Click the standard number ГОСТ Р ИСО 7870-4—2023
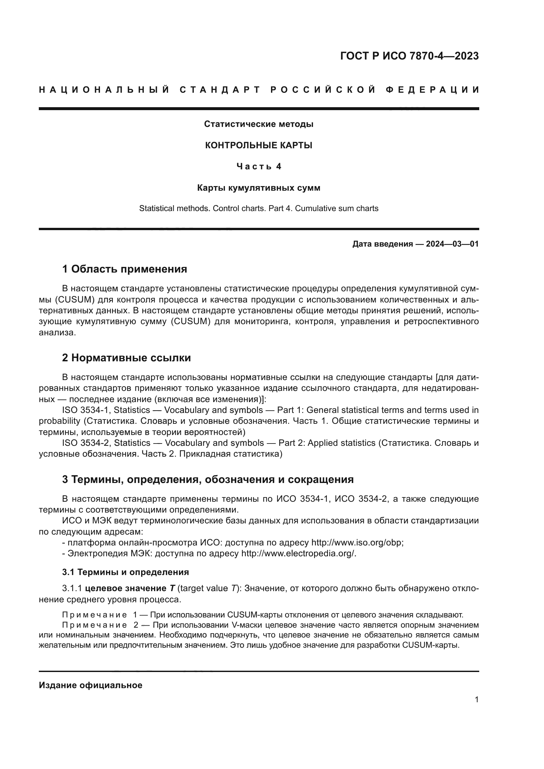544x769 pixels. tap(409, 56)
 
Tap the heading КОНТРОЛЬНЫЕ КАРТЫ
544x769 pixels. tap(258, 145)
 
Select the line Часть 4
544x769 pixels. tap(259, 166)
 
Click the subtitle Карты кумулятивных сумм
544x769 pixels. tap(258, 188)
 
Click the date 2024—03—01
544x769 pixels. tap(452, 244)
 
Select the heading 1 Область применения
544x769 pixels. tap(124, 269)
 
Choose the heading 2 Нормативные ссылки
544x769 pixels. tap(126, 358)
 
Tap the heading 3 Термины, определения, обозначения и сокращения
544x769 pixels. tap(208, 479)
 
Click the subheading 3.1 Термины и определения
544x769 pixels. tap(125, 572)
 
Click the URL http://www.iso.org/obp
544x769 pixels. tap(357, 542)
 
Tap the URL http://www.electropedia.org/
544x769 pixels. tap(298, 553)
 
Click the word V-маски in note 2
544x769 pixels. tap(247, 625)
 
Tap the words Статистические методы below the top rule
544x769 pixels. tap(258, 124)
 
